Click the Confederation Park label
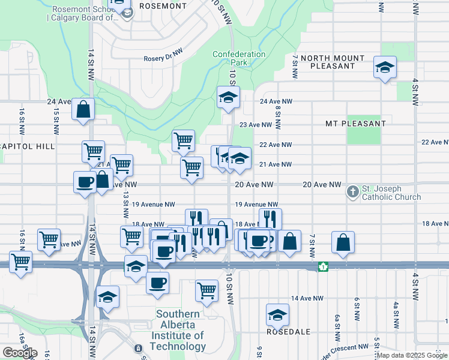239,58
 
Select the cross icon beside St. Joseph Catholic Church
353,193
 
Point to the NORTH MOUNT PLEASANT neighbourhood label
333,62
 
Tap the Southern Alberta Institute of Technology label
178,330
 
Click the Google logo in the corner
20,353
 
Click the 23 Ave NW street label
256,125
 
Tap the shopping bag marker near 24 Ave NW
83,109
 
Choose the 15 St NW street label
55,121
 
